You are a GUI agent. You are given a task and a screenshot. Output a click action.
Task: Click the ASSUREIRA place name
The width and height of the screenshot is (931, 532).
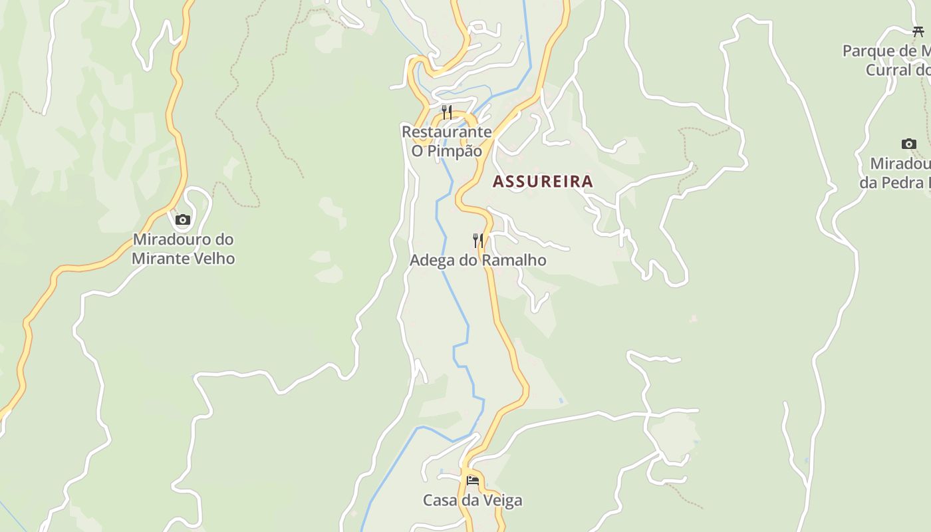tap(543, 182)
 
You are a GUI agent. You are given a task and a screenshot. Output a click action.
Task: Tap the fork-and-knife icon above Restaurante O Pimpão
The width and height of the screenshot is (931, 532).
tap(447, 112)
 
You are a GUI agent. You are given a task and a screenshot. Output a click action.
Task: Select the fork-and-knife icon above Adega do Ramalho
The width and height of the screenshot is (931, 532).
tap(477, 240)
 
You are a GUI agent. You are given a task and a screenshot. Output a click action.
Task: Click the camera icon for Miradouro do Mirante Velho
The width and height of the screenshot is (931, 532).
tap(183, 219)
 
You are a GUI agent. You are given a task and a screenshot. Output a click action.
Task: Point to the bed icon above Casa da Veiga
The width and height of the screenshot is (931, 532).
tap(472, 480)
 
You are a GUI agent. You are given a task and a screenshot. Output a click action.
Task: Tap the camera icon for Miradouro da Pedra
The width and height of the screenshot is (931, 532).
tap(908, 144)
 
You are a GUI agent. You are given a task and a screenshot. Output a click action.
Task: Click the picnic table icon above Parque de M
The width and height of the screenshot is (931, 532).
tap(918, 31)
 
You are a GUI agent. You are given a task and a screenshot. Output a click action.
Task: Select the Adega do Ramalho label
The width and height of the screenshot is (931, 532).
tap(477, 260)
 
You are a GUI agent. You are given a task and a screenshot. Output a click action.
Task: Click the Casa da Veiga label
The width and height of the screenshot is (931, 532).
tap(472, 500)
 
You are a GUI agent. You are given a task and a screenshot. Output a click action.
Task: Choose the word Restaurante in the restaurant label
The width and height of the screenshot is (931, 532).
tap(446, 132)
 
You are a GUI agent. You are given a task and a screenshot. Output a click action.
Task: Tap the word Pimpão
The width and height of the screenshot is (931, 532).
tap(455, 151)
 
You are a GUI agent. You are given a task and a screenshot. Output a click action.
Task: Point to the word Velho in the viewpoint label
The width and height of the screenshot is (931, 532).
tap(213, 259)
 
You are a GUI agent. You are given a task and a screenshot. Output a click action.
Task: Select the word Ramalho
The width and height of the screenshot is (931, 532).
tap(513, 260)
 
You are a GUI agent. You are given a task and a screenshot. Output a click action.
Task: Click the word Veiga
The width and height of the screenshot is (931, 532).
tap(502, 500)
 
